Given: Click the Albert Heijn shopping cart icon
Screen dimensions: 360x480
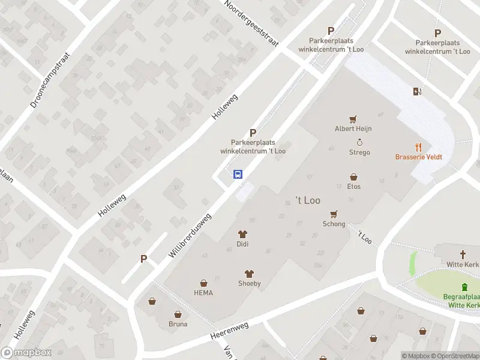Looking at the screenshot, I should (x=353, y=119).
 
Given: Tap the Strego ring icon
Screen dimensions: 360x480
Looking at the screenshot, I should (x=360, y=142).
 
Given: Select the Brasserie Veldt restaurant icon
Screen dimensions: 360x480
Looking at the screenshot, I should (x=419, y=146).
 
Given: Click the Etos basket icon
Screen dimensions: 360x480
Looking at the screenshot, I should (x=354, y=177).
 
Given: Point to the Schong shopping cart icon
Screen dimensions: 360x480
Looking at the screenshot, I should (x=334, y=214).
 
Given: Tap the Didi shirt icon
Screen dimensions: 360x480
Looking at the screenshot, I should (x=243, y=234).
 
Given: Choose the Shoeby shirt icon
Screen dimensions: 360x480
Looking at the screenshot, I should (x=249, y=274).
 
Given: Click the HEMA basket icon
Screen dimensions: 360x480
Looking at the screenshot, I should (x=203, y=283).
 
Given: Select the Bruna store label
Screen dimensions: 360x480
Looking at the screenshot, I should (x=178, y=324).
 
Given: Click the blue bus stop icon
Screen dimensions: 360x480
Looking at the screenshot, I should (x=238, y=175).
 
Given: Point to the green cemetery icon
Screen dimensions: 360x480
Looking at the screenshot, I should (x=464, y=287).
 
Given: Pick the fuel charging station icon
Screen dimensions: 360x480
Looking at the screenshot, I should (x=417, y=91).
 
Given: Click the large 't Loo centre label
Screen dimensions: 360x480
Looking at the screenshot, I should (x=308, y=200).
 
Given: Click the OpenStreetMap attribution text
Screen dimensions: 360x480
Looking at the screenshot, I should (x=453, y=356).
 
